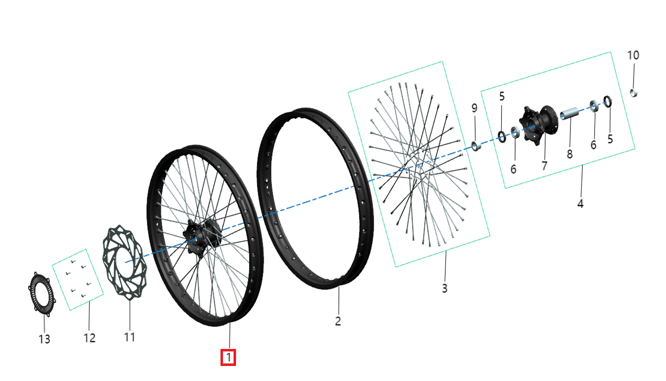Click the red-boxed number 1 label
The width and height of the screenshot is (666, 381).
(x=229, y=357)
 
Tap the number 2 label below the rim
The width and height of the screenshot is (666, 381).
(x=338, y=321)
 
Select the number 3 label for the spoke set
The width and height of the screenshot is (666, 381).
(x=445, y=288)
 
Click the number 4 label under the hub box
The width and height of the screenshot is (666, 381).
(x=580, y=204)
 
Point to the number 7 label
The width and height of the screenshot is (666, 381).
(x=545, y=165)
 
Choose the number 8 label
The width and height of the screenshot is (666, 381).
(x=570, y=154)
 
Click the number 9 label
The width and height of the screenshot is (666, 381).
(x=474, y=108)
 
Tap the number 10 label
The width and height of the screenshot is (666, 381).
(x=633, y=55)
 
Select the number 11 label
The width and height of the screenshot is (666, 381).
(x=130, y=337)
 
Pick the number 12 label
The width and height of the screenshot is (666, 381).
(x=89, y=338)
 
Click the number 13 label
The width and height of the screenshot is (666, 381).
(x=45, y=339)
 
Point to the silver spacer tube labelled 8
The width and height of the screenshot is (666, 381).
(x=569, y=115)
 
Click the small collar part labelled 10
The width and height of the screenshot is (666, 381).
(x=634, y=92)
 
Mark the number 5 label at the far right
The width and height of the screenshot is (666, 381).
(x=610, y=139)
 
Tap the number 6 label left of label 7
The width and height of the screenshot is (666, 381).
(x=513, y=169)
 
